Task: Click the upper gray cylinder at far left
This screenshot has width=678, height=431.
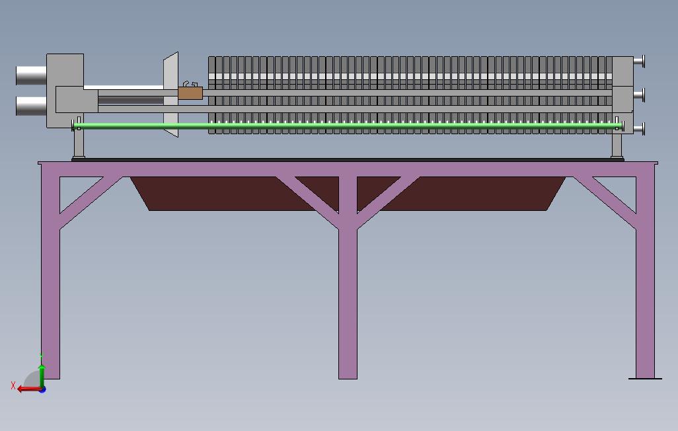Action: coord(30,75)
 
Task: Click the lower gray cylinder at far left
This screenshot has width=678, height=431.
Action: coord(30,106)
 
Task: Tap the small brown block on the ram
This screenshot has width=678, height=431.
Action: coord(190,94)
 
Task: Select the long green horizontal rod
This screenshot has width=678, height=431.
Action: coord(344,126)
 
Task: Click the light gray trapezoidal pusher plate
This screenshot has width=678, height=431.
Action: coord(171,93)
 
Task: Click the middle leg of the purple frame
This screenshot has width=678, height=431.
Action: coord(348,297)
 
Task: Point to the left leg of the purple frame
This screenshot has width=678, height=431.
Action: coord(51,297)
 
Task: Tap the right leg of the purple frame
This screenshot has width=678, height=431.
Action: coord(645,297)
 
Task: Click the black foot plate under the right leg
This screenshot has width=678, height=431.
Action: coord(645,379)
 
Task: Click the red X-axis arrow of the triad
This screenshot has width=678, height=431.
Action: coord(26,389)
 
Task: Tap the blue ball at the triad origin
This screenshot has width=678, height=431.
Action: coord(42,389)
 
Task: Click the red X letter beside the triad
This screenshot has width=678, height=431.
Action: coord(13,385)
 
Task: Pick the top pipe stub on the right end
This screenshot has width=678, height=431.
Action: coord(639,61)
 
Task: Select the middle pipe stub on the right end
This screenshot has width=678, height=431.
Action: coord(639,95)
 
